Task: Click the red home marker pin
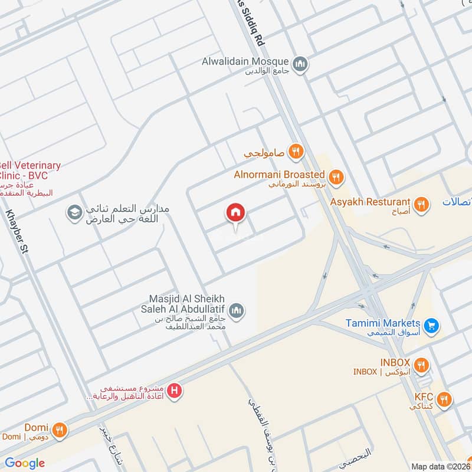click(236, 213)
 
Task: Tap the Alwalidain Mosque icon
click(301, 62)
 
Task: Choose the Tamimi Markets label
click(383, 323)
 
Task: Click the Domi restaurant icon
click(59, 430)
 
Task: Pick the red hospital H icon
click(174, 390)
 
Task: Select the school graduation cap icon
click(74, 212)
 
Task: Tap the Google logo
click(25, 463)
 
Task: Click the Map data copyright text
click(440, 466)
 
